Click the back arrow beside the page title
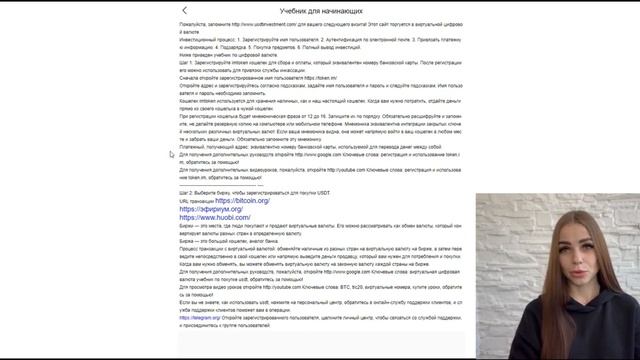coord(185,10)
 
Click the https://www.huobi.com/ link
coord(216,217)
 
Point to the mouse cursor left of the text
coord(172,154)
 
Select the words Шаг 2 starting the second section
coord(187,192)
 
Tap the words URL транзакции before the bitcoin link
coord(196,201)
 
